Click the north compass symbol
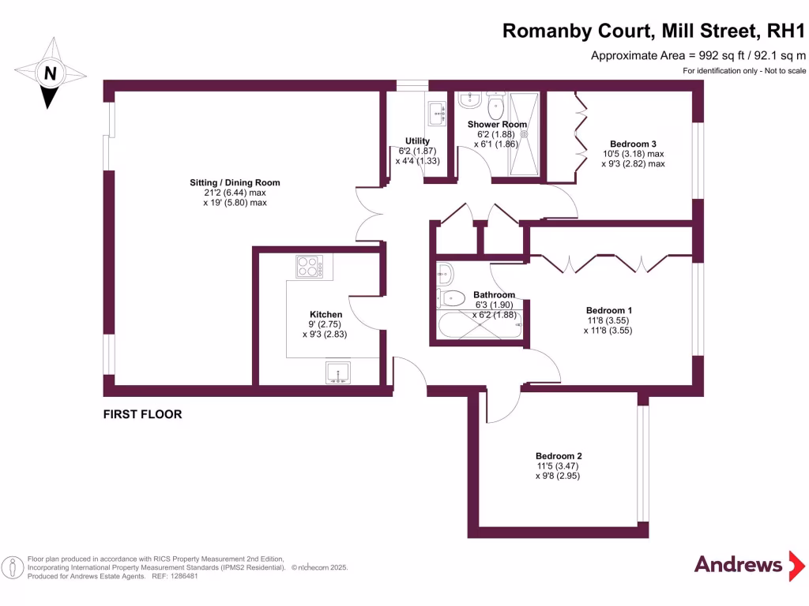tap(50, 75)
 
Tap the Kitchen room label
tap(325, 314)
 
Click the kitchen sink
tap(339, 372)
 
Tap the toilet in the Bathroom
tap(451, 298)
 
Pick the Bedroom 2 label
tap(559, 456)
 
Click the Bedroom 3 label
tap(633, 144)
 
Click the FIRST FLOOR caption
tap(142, 413)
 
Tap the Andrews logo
tap(738, 564)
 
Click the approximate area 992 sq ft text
tap(698, 55)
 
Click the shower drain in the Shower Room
tap(524, 133)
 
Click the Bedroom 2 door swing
tap(503, 403)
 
